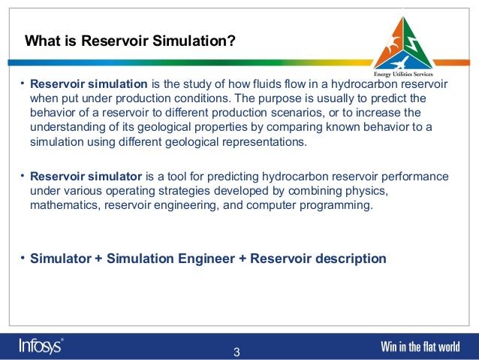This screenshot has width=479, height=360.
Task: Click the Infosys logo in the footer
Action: click(41, 346)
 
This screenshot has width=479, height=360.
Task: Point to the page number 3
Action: click(237, 352)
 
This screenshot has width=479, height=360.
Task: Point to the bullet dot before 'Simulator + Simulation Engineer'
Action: click(23, 259)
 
